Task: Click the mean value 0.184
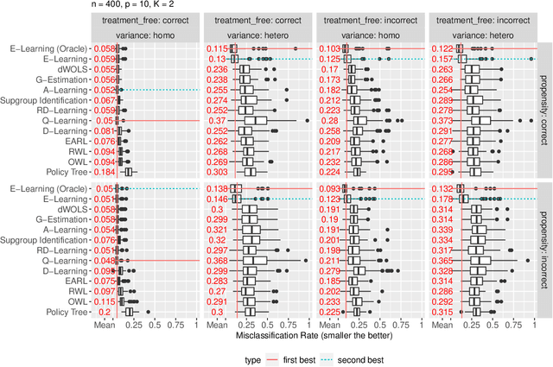click(x=105, y=172)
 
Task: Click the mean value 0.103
click(x=329, y=48)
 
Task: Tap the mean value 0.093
click(x=329, y=187)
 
